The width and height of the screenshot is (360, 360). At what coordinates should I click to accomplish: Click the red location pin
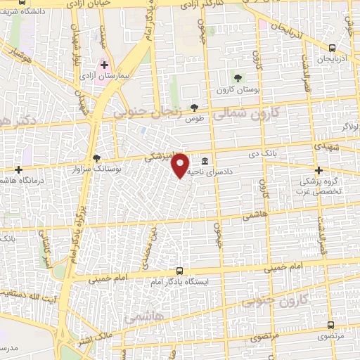180,165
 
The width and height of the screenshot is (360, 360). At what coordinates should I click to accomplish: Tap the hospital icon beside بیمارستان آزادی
104,65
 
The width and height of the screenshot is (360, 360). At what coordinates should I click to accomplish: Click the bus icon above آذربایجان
333,48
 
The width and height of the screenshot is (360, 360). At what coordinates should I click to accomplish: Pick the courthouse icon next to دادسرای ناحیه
204,160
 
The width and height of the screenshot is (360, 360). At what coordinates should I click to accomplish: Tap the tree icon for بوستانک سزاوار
96,159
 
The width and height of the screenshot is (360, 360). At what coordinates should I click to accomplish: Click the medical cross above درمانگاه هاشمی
18,169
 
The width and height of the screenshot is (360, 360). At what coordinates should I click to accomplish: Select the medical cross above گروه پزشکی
319,170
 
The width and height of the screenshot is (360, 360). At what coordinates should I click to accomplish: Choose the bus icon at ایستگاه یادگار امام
180,271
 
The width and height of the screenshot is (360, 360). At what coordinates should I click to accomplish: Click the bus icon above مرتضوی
331,326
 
